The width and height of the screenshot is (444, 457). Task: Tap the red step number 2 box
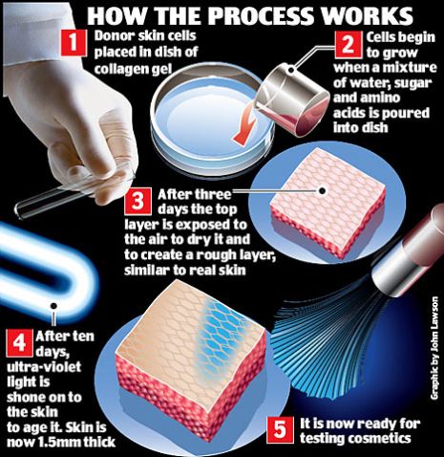tap(349, 45)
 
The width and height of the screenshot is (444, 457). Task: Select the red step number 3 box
tap(137, 202)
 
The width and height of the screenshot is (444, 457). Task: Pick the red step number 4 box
tap(19, 342)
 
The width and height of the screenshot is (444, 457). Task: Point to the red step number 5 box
tap(280, 429)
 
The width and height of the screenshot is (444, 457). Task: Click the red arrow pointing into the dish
tap(245, 129)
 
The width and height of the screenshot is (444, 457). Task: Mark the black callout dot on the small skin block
tap(323, 190)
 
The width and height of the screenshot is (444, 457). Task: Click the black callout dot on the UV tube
tap(53, 306)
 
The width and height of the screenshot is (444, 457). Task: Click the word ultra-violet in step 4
tap(44, 367)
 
